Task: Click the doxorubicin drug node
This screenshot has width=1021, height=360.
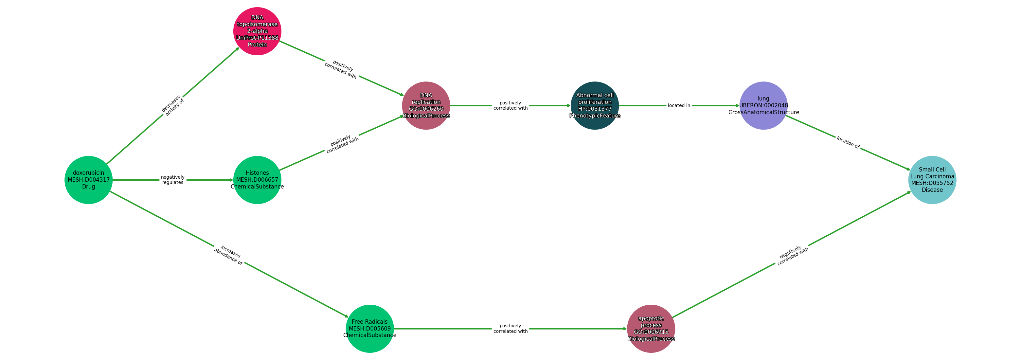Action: tap(88, 180)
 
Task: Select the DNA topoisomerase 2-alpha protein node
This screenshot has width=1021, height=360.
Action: tap(257, 31)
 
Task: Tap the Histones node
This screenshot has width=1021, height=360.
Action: tap(257, 180)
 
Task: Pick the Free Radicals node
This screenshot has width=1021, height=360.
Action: tap(369, 329)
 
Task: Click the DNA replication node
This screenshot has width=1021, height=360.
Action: tap(426, 105)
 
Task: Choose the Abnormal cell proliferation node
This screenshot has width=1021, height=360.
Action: tap(595, 105)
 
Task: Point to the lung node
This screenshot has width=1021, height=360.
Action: tap(763, 105)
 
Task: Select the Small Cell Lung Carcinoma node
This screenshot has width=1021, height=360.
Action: tap(932, 180)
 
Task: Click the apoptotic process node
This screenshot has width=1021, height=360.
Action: tap(651, 329)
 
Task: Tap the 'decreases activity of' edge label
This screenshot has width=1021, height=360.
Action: tap(173, 105)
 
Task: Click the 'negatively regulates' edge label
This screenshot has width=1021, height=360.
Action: tap(173, 180)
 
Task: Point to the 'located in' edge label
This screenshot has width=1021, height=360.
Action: tap(679, 105)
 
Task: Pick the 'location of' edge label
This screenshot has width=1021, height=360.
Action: tap(848, 143)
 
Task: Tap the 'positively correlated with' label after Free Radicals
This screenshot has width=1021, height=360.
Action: tap(510, 329)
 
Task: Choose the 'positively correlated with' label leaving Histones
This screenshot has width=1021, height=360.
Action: tap(342, 144)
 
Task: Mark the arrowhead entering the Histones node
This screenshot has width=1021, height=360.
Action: tap(231, 180)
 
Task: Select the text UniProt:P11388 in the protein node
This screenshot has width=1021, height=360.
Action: tap(257, 38)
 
